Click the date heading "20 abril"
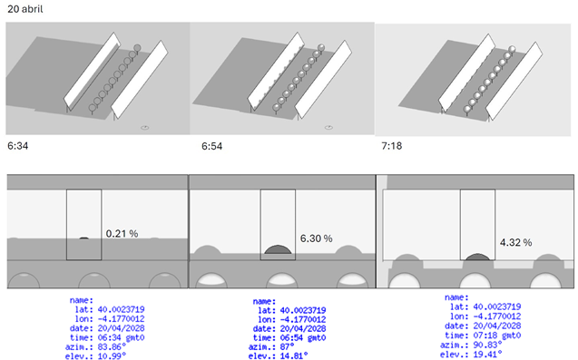(x=23, y=8)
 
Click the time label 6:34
(x=17, y=144)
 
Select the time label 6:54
(x=212, y=144)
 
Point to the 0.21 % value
(x=122, y=233)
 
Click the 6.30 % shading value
(x=315, y=238)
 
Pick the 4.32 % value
(x=516, y=243)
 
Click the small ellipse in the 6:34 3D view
(x=145, y=129)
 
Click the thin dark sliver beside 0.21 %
(x=83, y=238)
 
